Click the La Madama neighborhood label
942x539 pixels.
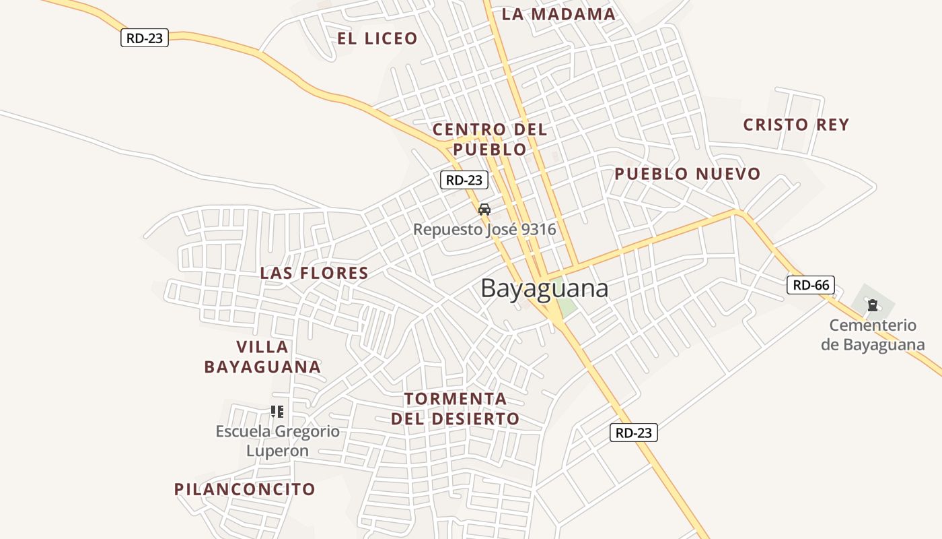pos(558,14)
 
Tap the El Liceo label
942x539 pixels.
pos(377,38)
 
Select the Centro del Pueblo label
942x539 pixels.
pos(490,139)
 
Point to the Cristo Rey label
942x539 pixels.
pos(796,125)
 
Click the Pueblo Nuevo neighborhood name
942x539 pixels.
pos(687,174)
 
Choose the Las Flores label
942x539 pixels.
pos(314,273)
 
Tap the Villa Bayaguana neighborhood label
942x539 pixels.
pos(262,357)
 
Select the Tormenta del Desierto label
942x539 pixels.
pos(456,408)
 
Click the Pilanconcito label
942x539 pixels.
pos(245,489)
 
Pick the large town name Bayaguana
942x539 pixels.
pos(544,288)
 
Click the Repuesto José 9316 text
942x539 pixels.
pos(484,229)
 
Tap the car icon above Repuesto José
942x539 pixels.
pos(484,210)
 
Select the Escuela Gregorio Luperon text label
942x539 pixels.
pos(277,441)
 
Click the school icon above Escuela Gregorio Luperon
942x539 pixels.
pos(277,411)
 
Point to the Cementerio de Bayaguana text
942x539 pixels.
pos(873,335)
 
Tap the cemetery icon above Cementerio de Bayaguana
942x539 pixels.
pos(873,305)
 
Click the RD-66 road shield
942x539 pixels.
pos(811,285)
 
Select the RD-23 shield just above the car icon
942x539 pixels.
pos(464,180)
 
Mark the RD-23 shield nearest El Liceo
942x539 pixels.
pos(145,38)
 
